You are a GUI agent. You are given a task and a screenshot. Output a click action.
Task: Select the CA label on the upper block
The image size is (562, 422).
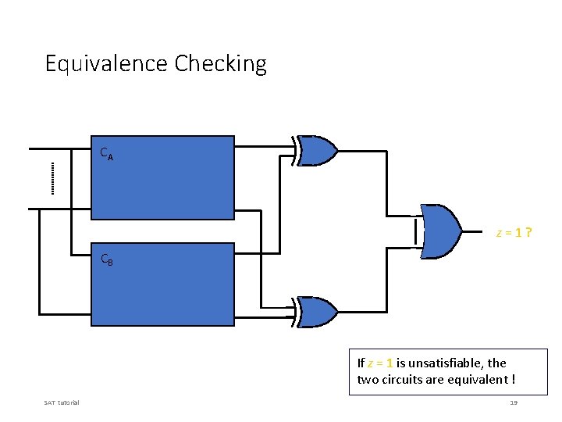[107, 154]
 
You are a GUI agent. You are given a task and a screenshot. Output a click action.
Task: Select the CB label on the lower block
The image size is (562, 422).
[107, 259]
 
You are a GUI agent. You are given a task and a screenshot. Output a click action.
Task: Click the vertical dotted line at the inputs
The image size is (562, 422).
[52, 177]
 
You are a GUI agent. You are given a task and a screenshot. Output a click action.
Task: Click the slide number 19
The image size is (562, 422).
[514, 402]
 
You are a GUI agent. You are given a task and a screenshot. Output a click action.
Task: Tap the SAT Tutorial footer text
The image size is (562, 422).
[62, 402]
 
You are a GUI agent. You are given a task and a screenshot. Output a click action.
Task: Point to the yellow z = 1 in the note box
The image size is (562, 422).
[380, 363]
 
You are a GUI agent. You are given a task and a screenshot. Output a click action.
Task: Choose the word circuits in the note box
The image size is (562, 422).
[402, 381]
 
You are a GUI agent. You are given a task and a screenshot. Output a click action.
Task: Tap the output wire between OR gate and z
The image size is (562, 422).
[477, 231]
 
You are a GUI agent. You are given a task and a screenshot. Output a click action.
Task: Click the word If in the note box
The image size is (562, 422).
[361, 363]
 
